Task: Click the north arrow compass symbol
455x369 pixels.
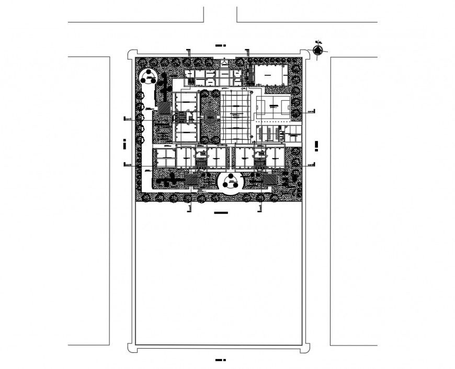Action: [318, 50]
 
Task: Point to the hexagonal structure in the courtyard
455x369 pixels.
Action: [210, 118]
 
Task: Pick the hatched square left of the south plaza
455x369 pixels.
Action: [192, 180]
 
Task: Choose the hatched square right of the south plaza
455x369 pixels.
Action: [269, 180]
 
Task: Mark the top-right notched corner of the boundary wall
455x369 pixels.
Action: [305, 52]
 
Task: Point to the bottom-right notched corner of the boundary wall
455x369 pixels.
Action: [305, 346]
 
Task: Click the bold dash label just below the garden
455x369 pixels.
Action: [221, 213]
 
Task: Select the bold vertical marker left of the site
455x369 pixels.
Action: [124, 145]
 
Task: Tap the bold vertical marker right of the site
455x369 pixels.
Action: [317, 146]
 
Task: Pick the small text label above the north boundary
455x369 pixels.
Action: [220, 46]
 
